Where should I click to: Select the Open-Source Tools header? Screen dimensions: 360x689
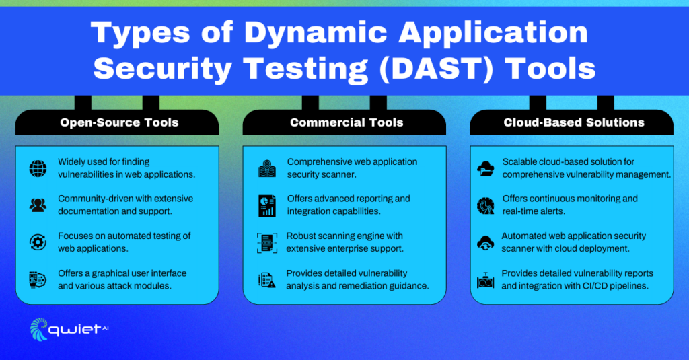(x=119, y=122)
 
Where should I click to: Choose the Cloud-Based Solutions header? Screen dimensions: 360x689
(x=574, y=122)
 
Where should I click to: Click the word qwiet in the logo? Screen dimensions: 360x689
(x=76, y=330)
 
